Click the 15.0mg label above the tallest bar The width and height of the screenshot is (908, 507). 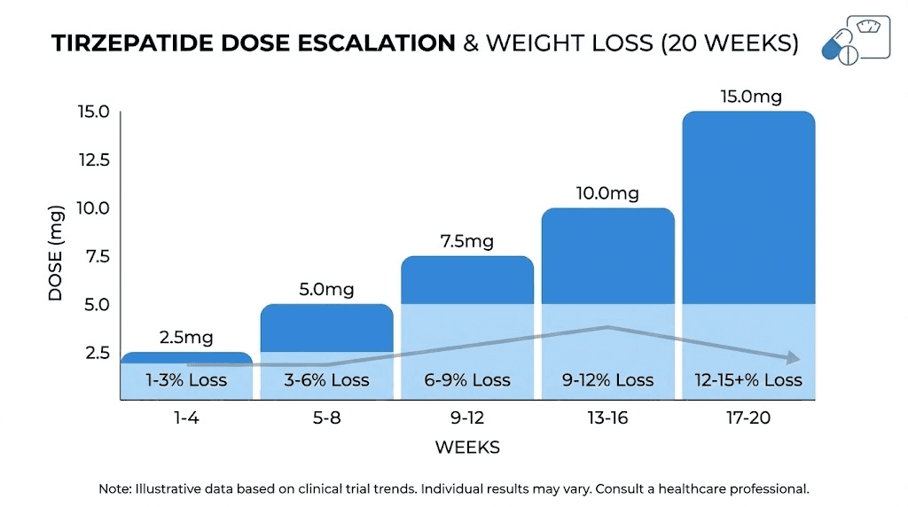(x=750, y=97)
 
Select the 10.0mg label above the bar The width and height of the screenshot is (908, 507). (x=607, y=193)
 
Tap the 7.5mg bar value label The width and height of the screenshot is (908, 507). (x=466, y=242)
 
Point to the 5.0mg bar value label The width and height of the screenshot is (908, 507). (x=326, y=290)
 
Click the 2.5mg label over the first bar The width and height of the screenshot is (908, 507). (x=186, y=338)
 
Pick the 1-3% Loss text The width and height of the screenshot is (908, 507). (x=186, y=380)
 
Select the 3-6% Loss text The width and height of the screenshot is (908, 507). (x=326, y=380)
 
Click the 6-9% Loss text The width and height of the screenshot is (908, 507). (x=466, y=380)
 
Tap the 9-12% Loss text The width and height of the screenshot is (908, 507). (x=607, y=380)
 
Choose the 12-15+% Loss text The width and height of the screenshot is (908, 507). (x=748, y=380)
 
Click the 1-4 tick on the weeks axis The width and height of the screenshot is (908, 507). (x=186, y=417)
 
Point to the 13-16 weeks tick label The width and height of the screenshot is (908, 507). (x=607, y=417)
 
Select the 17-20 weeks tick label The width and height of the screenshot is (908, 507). (x=748, y=417)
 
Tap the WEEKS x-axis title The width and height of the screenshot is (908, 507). (x=467, y=448)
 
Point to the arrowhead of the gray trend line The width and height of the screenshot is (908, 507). (x=793, y=358)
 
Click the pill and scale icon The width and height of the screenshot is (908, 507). (x=856, y=37)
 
